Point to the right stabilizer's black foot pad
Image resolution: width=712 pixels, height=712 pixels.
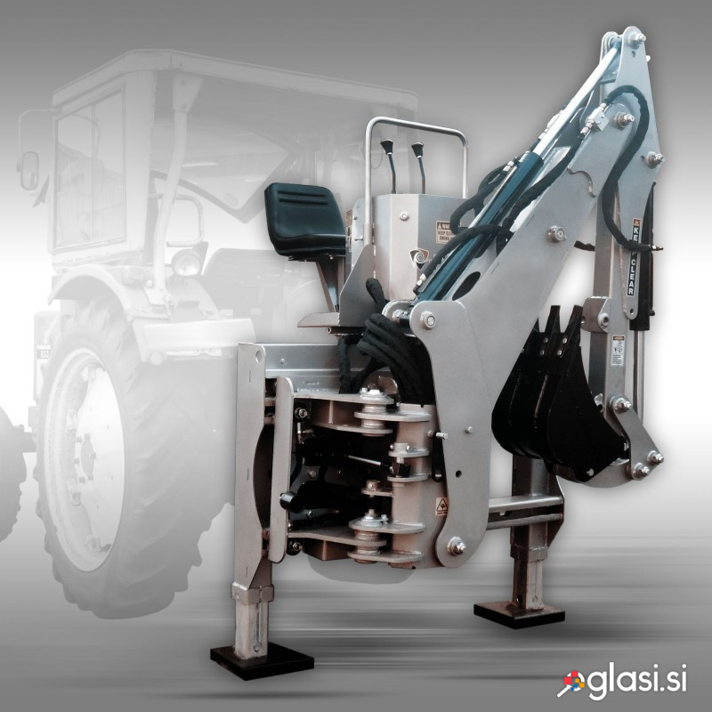[x=519, y=613]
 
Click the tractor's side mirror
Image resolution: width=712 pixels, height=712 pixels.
[x=29, y=170]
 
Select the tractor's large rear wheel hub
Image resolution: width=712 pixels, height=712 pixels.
[x=85, y=454]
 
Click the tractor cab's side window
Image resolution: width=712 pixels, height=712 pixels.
[x=89, y=169]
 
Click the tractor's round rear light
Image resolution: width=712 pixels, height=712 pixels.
[x=186, y=262]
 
